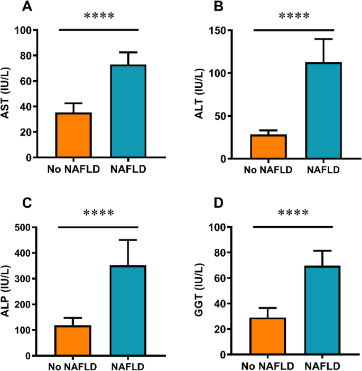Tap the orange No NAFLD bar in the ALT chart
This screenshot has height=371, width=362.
pos(268,147)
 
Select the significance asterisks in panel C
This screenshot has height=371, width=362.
pos(99,213)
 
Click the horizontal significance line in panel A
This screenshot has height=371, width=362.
pos(98,30)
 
